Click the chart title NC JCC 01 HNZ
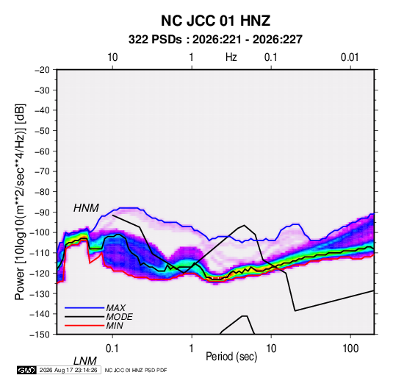click(215, 21)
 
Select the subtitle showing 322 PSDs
click(215, 40)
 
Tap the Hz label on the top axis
click(231, 57)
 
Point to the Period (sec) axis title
click(231, 357)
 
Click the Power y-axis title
click(20, 202)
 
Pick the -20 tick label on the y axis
click(42, 70)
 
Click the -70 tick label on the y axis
click(42, 171)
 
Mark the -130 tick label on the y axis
click(40, 293)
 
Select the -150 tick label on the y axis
click(40, 335)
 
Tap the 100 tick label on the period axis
click(350, 349)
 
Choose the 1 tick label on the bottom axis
click(192, 349)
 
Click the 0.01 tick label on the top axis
click(350, 57)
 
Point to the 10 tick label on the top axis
click(112, 57)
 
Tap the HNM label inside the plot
click(86, 208)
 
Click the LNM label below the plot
click(84, 361)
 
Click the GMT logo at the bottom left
click(26, 370)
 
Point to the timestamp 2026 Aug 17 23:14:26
click(68, 370)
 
